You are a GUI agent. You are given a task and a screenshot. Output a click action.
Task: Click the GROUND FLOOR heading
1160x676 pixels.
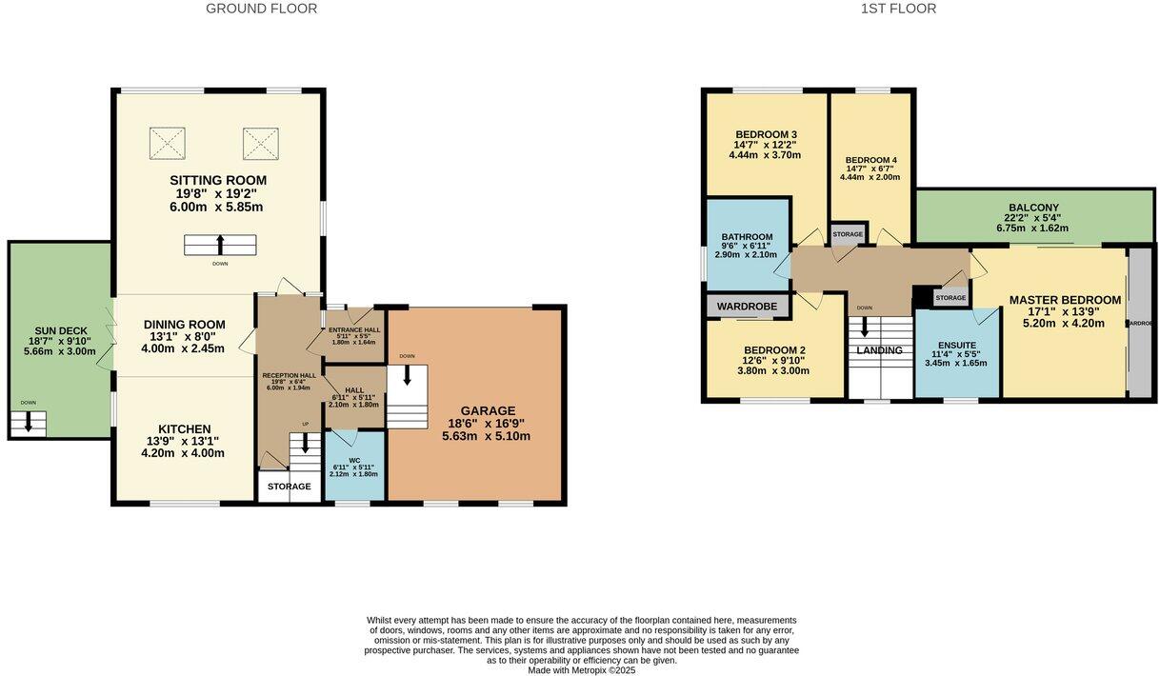261,9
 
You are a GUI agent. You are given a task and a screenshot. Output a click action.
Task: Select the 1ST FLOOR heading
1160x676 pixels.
898,9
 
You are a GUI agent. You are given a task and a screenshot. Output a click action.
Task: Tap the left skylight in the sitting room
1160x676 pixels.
168,143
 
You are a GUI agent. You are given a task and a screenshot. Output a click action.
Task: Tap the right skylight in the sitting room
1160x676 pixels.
260,143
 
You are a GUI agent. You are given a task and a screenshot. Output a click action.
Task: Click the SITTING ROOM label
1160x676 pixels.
218,180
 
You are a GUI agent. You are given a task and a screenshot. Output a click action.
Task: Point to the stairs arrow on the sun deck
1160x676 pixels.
29,422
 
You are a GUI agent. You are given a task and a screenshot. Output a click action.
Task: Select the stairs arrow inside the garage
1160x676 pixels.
407,377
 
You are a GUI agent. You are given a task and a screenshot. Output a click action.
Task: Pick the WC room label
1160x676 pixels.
354,460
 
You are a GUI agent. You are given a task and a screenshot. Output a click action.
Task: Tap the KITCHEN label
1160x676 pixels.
185,429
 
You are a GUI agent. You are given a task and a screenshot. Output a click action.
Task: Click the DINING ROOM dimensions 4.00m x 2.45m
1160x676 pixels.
184,348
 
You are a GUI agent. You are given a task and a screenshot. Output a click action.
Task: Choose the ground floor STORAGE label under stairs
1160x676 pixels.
289,487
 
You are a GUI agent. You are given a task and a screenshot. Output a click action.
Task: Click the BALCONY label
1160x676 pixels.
1033,208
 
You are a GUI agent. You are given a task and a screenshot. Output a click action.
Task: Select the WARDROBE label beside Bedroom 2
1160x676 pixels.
748,307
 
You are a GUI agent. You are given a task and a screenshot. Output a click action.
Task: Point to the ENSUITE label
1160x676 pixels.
956,345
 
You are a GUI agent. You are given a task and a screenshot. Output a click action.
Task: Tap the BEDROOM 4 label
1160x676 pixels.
870,160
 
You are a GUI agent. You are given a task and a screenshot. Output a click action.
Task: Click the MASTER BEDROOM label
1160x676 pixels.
1065,300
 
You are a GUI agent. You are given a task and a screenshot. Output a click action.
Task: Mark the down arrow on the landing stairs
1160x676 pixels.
865,326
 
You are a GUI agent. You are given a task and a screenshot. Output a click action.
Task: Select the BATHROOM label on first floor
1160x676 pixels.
747,237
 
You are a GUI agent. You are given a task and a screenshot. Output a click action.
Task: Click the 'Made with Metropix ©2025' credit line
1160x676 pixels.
581,670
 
